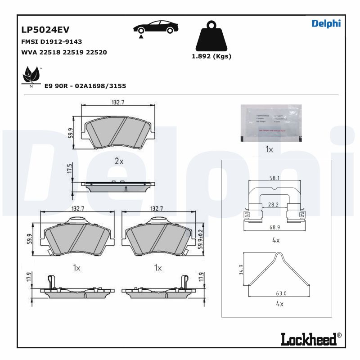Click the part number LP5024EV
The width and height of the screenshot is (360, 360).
click(45, 30)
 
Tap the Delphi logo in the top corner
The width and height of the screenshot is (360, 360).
click(326, 23)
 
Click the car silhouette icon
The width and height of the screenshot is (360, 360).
click(154, 28)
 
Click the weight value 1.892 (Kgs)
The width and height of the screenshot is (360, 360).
click(211, 56)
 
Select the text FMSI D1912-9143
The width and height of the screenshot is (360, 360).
click(51, 41)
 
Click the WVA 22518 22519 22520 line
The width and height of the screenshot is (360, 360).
click(64, 52)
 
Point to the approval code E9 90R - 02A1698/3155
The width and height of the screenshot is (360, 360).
click(85, 85)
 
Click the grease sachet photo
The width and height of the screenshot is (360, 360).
click(270, 123)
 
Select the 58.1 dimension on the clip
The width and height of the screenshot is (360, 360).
click(274, 178)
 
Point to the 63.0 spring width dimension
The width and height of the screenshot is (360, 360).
click(281, 293)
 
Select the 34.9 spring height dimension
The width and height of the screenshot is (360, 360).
click(241, 270)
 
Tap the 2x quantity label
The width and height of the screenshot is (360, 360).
click(119, 161)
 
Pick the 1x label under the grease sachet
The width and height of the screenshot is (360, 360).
click(269, 149)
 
